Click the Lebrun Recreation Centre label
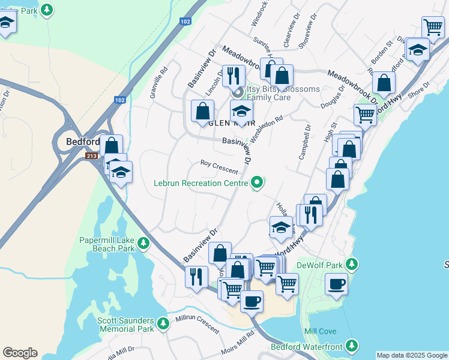(201, 182)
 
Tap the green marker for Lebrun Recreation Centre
(258, 182)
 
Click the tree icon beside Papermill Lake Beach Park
(143, 243)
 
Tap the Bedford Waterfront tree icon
(352, 346)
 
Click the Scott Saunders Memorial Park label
(125, 325)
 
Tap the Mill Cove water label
(320, 331)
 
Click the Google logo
(20, 353)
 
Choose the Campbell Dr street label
(304, 142)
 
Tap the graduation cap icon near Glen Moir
(241, 112)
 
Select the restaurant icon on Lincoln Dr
(234, 76)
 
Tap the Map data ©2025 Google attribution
(412, 355)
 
